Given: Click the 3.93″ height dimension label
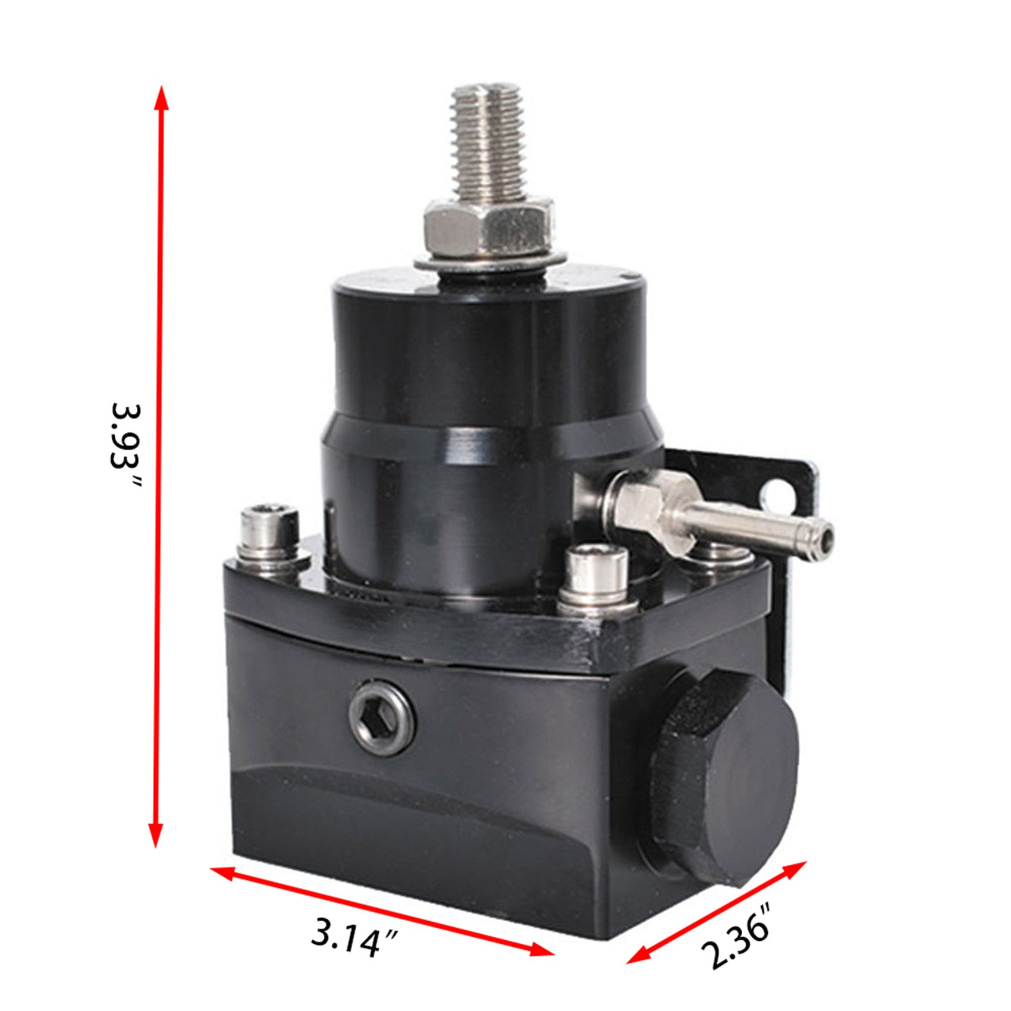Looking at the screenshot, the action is (x=126, y=445).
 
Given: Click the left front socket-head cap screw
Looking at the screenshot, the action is (x=269, y=535).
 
